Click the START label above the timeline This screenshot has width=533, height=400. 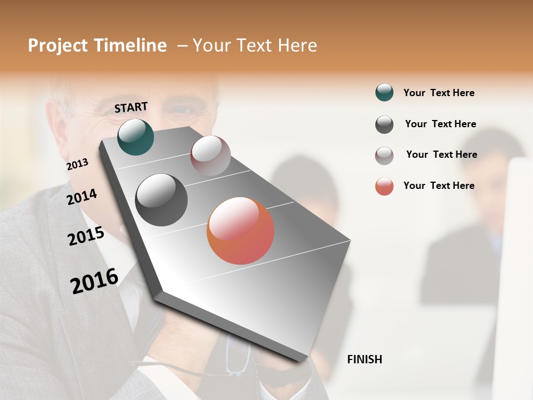[x=131, y=107]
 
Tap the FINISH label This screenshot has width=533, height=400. [x=364, y=359]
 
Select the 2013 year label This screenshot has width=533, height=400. [x=77, y=164]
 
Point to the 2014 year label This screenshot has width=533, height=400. [x=82, y=197]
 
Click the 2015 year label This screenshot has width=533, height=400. [x=86, y=236]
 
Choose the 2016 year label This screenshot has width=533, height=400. [x=94, y=281]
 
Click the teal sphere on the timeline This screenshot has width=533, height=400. [x=135, y=137]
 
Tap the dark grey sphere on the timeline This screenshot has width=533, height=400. [x=161, y=200]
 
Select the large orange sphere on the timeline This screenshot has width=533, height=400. [x=240, y=231]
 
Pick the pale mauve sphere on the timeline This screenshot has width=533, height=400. [x=210, y=156]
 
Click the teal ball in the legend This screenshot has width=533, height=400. [x=384, y=93]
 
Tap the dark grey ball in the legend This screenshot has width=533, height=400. [x=384, y=124]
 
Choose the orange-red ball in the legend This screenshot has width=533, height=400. [x=384, y=186]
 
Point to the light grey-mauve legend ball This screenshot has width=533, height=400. [x=384, y=156]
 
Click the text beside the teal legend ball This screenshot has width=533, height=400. [x=439, y=93]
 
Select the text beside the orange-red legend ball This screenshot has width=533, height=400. [x=439, y=186]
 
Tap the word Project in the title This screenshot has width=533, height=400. [x=58, y=46]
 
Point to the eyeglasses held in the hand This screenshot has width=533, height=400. [x=239, y=358]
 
